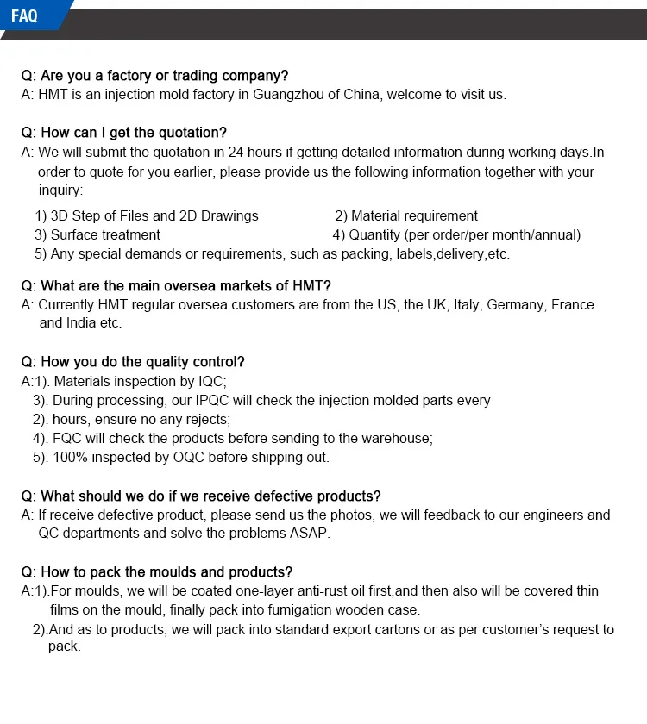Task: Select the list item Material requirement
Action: (414, 216)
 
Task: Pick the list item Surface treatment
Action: (105, 235)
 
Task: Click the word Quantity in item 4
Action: (374, 235)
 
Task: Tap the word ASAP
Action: (311, 534)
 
